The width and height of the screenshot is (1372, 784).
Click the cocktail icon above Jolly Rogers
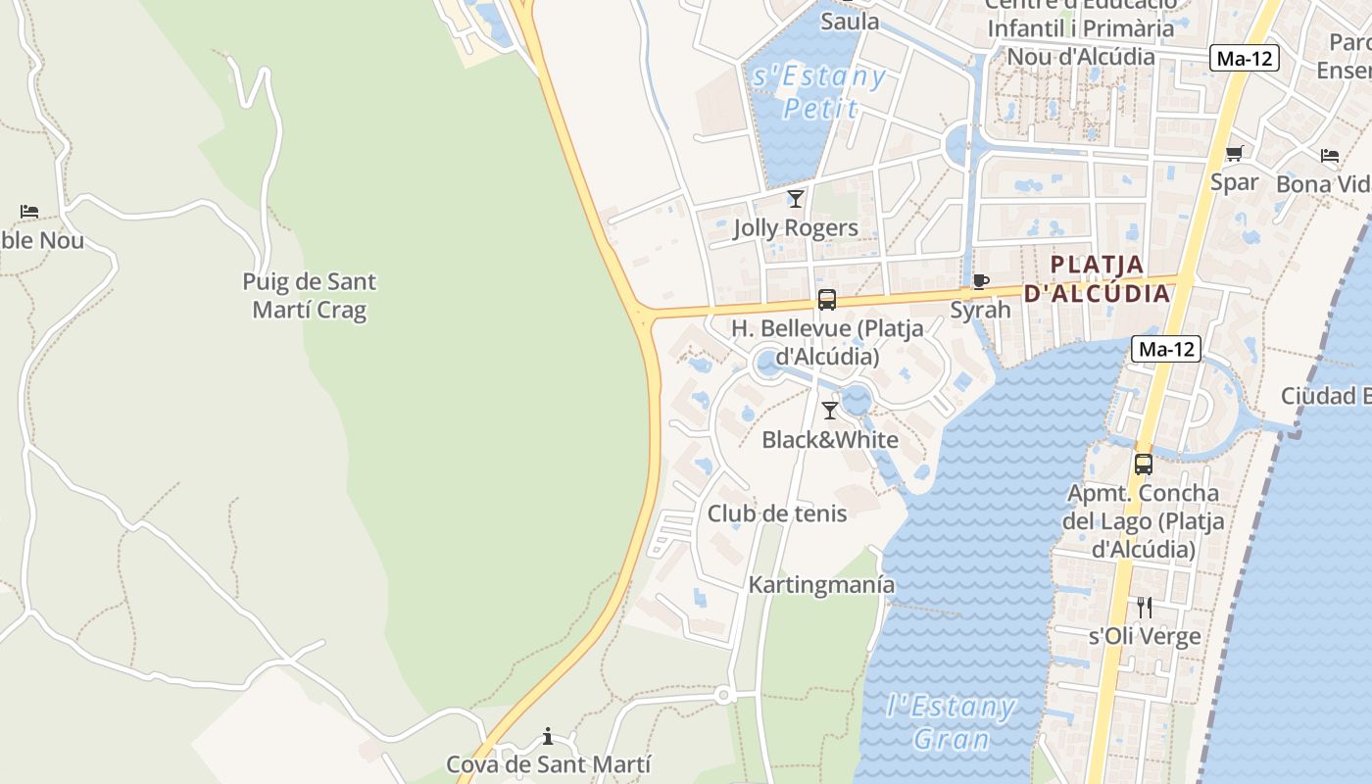click(x=796, y=199)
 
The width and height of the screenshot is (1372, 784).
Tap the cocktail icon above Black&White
click(x=830, y=411)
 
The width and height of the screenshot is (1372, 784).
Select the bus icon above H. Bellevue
click(x=827, y=300)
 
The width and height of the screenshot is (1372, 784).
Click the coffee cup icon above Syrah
click(x=980, y=282)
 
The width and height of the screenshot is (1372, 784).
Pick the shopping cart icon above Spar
click(x=1234, y=153)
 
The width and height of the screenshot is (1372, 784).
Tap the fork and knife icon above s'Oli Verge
click(x=1144, y=608)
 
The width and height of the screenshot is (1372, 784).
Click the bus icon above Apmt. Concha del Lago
click(x=1144, y=465)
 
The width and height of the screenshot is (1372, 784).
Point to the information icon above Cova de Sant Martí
click(x=548, y=736)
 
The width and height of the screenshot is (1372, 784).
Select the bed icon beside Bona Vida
click(x=1330, y=155)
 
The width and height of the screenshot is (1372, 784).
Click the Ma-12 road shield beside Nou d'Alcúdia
click(x=1244, y=58)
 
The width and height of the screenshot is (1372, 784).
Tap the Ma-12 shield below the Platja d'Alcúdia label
click(x=1166, y=349)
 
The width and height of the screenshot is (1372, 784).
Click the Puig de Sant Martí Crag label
click(x=309, y=296)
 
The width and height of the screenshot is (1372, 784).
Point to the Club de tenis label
click(x=777, y=513)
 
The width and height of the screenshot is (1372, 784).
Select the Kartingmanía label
click(x=821, y=585)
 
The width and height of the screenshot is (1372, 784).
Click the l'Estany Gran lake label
click(x=950, y=722)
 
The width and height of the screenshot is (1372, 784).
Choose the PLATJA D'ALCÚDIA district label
click(x=1098, y=278)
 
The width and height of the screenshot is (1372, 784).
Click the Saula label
click(x=850, y=21)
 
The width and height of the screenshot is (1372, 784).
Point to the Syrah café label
click(x=980, y=310)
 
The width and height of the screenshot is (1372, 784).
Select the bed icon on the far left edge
click(x=29, y=212)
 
